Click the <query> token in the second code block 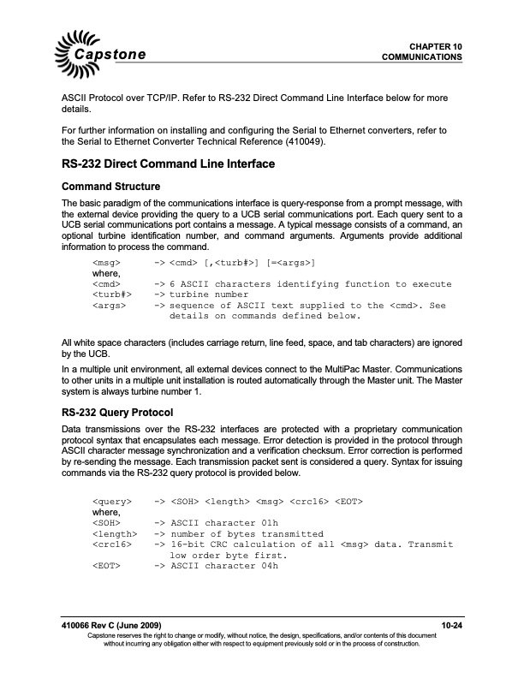coord(111,498)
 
